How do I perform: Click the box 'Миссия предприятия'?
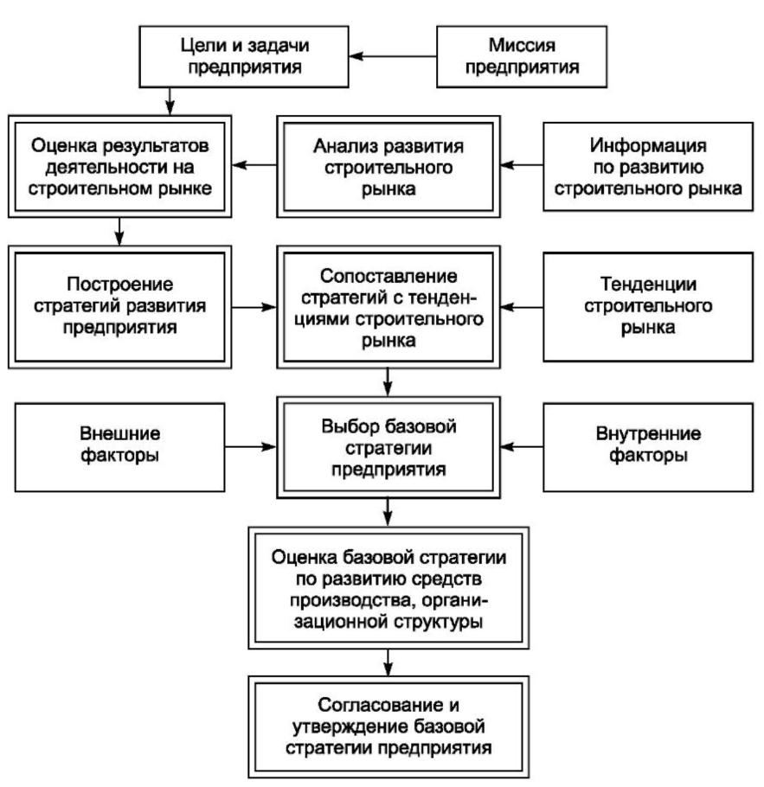click(522, 57)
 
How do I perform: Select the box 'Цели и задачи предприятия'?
click(244, 57)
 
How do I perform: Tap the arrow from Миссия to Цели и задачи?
click(393, 56)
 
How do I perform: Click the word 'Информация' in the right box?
click(648, 145)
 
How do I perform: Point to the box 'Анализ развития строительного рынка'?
click(388, 167)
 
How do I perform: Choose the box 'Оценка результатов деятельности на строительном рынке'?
click(120, 167)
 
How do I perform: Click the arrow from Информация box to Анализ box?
click(522, 164)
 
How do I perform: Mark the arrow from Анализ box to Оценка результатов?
click(254, 164)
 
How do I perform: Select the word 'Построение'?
click(120, 285)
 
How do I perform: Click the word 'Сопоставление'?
click(388, 276)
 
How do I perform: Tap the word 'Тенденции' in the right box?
click(648, 284)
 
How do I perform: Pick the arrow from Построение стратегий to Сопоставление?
click(254, 307)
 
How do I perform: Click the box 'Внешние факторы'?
click(120, 447)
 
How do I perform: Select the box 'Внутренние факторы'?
click(648, 447)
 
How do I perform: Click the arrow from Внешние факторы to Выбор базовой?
click(251, 447)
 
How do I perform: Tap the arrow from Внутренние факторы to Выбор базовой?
click(522, 447)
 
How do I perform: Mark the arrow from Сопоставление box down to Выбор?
click(388, 382)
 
